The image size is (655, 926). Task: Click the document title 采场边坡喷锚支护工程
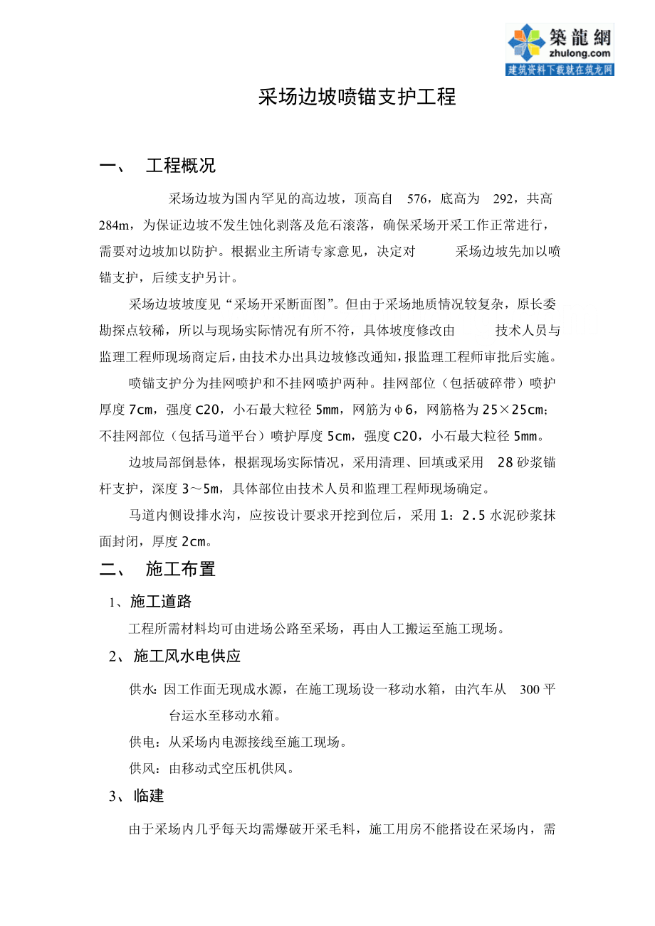[357, 97]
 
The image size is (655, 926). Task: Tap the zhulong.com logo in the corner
[559, 48]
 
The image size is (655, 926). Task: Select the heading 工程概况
[180, 166]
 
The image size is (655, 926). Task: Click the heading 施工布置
[180, 569]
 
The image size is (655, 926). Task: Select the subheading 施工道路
[161, 602]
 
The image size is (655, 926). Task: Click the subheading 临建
[149, 796]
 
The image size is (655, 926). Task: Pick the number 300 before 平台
[530, 689]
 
